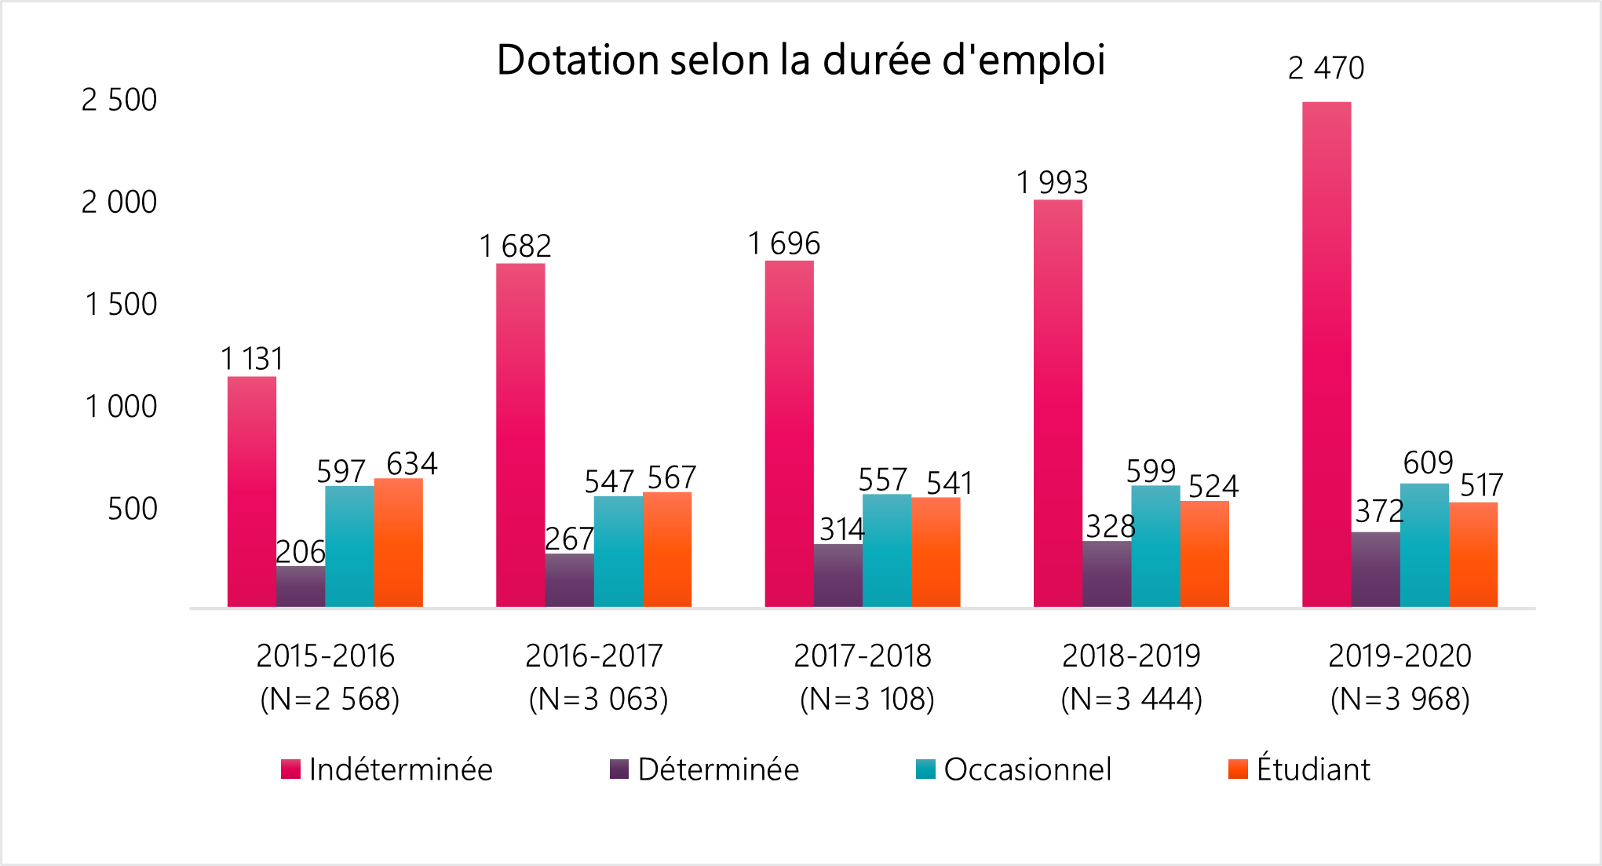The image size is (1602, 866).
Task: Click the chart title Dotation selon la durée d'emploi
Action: tap(801, 60)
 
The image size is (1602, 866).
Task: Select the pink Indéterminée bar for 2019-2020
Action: tap(1326, 353)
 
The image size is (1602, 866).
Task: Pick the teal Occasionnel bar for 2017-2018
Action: tap(887, 550)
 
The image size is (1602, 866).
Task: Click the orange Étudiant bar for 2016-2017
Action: tap(667, 549)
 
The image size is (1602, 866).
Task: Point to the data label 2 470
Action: tap(1326, 68)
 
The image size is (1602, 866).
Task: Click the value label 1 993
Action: tap(1052, 183)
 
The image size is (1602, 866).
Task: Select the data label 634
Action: tap(411, 463)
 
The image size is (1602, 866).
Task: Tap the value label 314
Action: tap(841, 529)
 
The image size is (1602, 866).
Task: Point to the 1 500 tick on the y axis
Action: tap(120, 305)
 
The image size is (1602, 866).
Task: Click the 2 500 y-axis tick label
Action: tap(119, 100)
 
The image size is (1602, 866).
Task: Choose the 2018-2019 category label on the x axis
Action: tap(1131, 656)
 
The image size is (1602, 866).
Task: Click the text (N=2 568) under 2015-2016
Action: tap(330, 699)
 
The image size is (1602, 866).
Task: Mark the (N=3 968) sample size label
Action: tap(1399, 699)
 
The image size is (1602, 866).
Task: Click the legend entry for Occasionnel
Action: tap(1013, 769)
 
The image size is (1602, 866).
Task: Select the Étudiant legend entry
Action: tap(1299, 769)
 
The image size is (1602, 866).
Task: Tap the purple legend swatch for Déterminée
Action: tap(619, 769)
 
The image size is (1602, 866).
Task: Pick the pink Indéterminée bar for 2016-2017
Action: tap(520, 436)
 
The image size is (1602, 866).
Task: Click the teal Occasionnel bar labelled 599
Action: tap(1155, 546)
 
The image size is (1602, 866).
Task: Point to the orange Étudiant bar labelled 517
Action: tap(1473, 554)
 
